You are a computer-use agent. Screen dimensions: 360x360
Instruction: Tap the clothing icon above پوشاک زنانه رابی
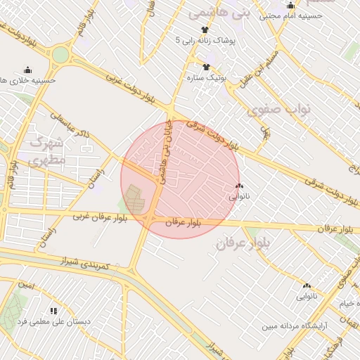(x=205, y=30)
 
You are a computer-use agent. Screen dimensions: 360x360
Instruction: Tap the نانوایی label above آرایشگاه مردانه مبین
(x=307, y=297)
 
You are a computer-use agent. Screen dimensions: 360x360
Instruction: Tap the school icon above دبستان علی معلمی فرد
(x=53, y=310)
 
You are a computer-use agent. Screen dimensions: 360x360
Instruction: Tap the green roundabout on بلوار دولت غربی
(x=60, y=54)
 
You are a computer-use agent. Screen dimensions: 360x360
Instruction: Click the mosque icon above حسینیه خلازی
(x=27, y=70)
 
